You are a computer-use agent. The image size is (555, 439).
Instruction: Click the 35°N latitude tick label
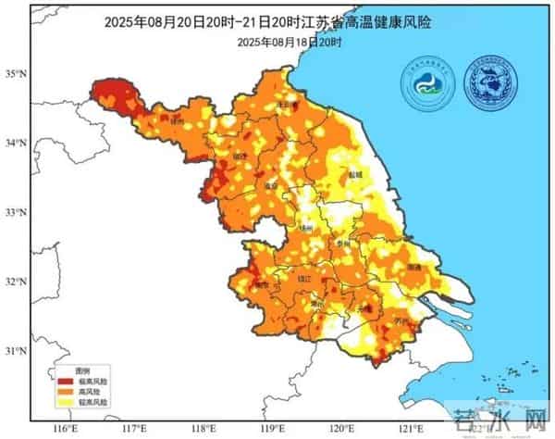tap(15, 71)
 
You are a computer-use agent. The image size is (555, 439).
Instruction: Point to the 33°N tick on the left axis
tap(15, 213)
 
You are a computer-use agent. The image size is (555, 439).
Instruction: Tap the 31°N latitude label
tap(15, 351)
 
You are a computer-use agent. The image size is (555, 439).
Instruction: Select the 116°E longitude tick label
tap(65, 428)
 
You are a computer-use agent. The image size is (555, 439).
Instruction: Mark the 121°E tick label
tap(408, 428)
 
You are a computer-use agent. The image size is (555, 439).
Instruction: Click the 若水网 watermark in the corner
tap(499, 419)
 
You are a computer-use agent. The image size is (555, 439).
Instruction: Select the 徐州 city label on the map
tap(179, 121)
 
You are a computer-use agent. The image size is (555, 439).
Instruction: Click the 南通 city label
tap(413, 268)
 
